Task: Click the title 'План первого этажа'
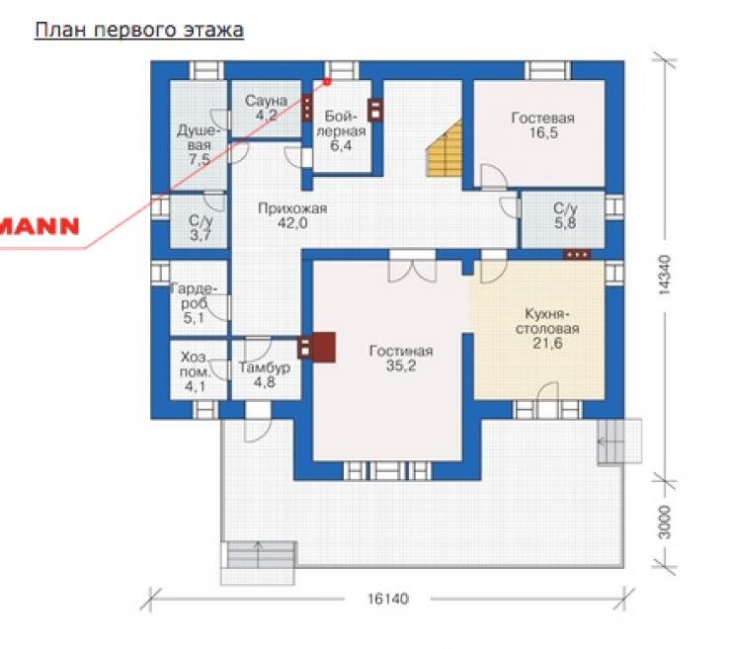coord(139,31)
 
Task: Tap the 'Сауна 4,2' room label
coord(266,108)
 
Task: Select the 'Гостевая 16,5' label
coord(543,124)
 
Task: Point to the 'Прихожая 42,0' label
coord(292,215)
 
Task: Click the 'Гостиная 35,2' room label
coord(401,358)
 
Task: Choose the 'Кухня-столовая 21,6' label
coord(547,328)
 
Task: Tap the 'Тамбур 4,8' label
coord(265,374)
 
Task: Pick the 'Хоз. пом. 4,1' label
coord(195,371)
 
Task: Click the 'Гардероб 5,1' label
coord(194,303)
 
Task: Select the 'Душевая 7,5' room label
coord(200,145)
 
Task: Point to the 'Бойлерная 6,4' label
coord(341,131)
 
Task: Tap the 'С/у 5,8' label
coord(565,215)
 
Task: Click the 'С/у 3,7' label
coord(201,227)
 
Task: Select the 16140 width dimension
coord(388,599)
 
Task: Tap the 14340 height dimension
coord(665,275)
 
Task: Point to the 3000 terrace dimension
coord(665,523)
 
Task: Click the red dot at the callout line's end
coord(327,82)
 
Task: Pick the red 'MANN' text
coord(40,226)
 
